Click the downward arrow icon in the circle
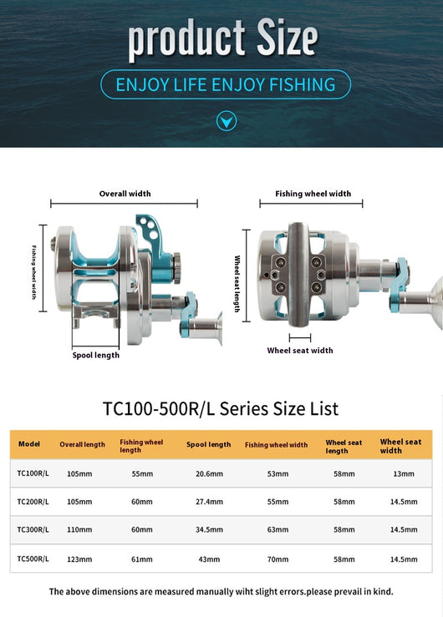coord(227,121)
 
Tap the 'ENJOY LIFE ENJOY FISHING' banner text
coord(226,84)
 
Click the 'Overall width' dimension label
coord(125,194)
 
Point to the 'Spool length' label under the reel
coord(95,356)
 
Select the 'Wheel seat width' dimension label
coord(300,350)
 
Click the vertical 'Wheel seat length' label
coord(237,283)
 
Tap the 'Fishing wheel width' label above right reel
coord(313,194)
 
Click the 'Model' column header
coord(29,444)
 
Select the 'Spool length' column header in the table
coord(209,444)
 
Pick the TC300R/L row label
coord(33,529)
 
